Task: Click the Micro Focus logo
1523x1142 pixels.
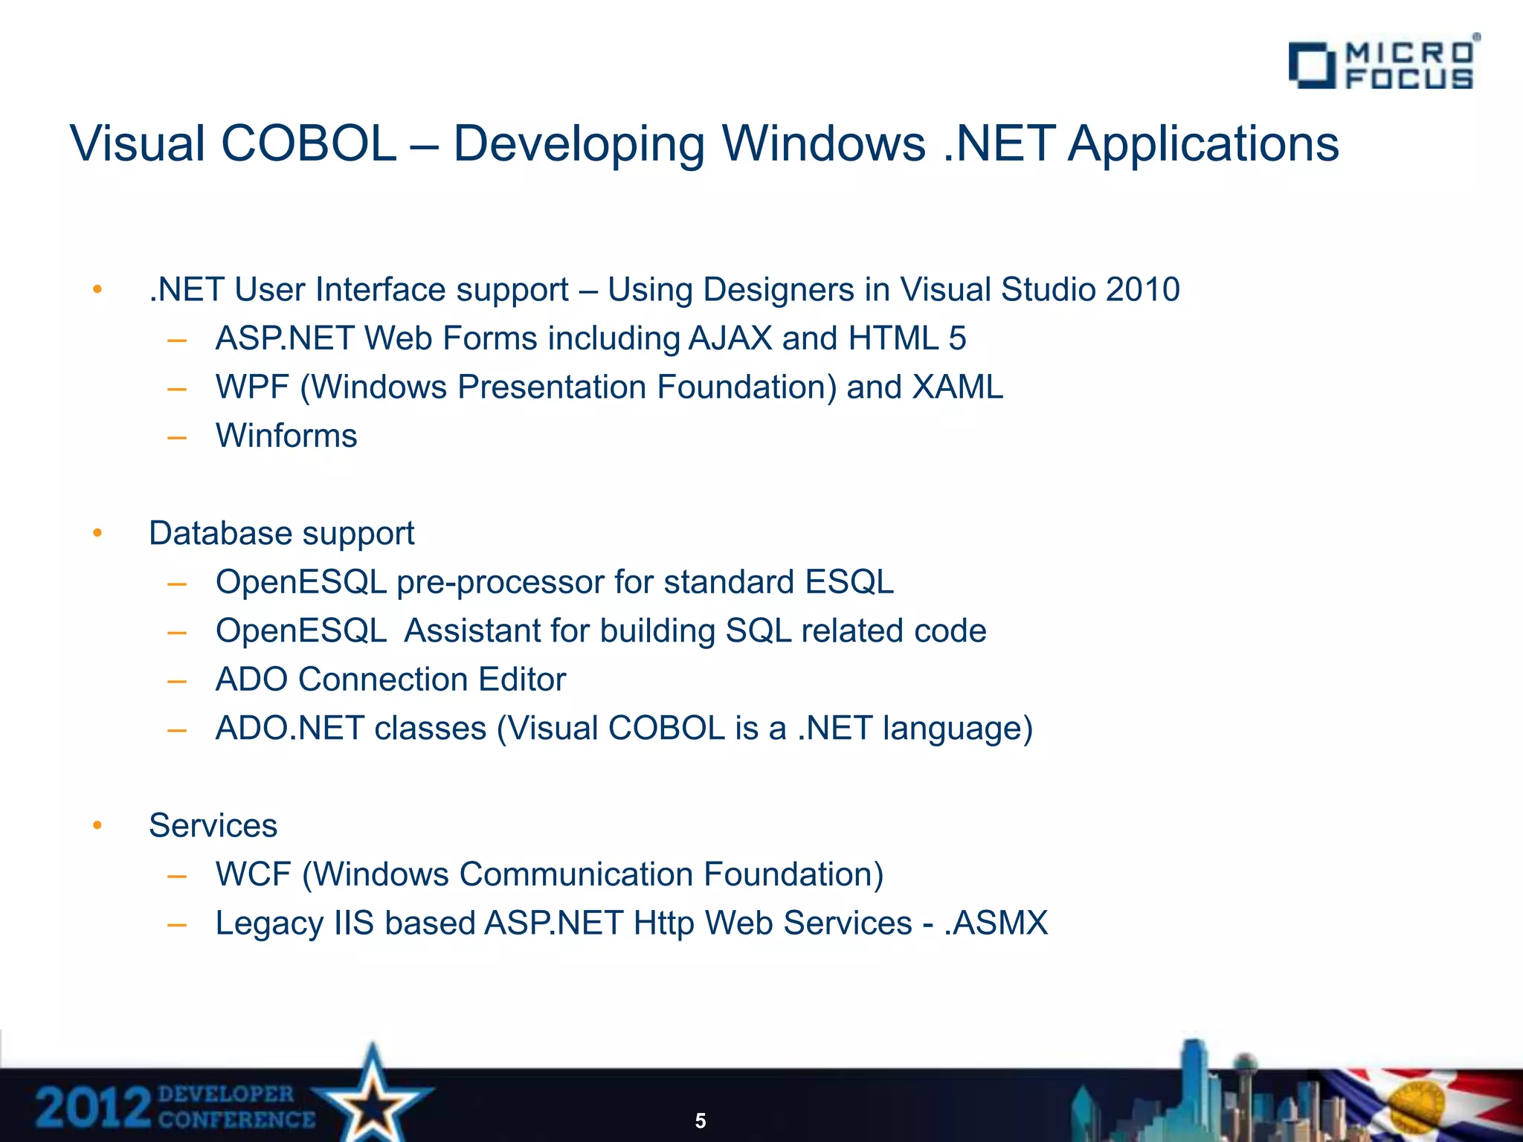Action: click(1383, 65)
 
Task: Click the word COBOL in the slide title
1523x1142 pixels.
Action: click(309, 143)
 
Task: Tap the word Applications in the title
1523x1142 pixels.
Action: click(1203, 143)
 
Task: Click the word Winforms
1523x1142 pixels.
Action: click(286, 436)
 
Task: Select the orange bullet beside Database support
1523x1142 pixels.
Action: click(97, 532)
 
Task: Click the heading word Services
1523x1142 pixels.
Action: click(213, 825)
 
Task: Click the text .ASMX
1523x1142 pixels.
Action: click(996, 923)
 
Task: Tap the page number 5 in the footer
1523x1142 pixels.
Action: click(700, 1120)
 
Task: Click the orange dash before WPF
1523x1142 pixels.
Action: click(177, 388)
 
